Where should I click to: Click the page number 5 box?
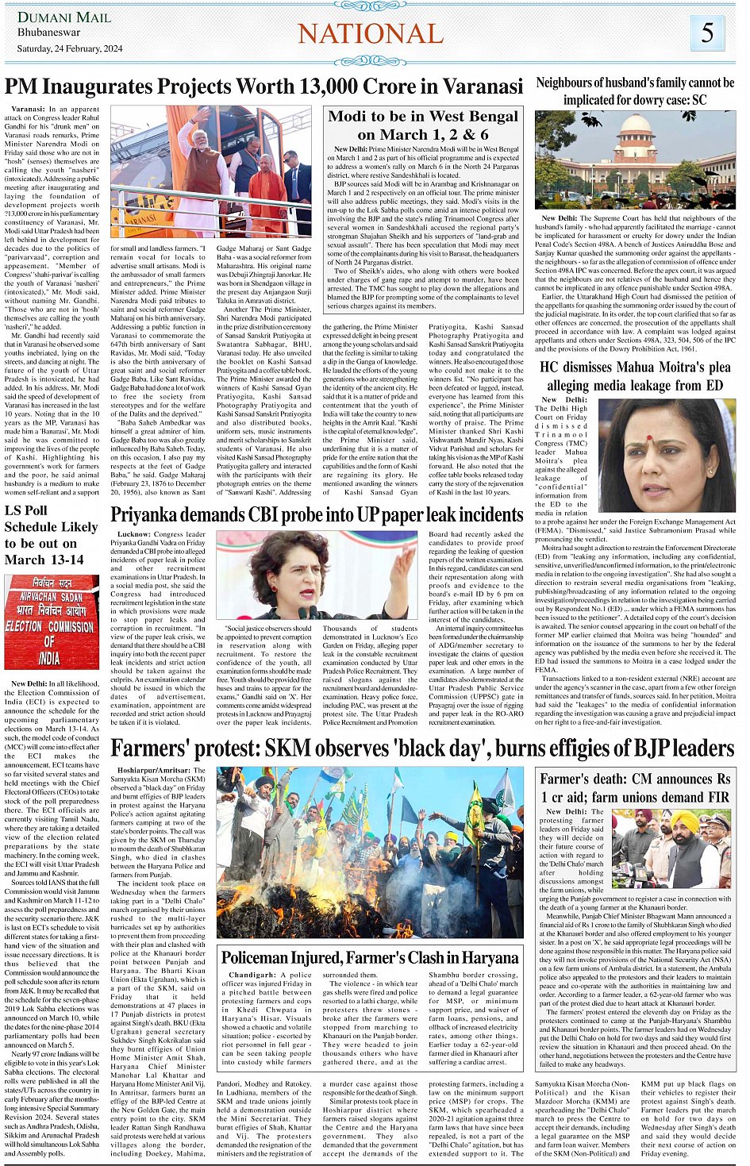tap(707, 33)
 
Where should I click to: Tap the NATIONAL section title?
tap(370, 33)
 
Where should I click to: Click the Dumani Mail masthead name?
tap(64, 17)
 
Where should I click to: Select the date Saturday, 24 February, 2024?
tap(70, 48)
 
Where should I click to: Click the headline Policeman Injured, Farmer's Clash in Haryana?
tap(369, 957)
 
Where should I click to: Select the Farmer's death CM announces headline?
tap(635, 787)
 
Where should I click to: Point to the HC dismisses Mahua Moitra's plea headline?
tap(635, 376)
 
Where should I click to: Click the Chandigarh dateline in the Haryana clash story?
tap(252, 975)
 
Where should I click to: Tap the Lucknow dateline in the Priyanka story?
tap(133, 534)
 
